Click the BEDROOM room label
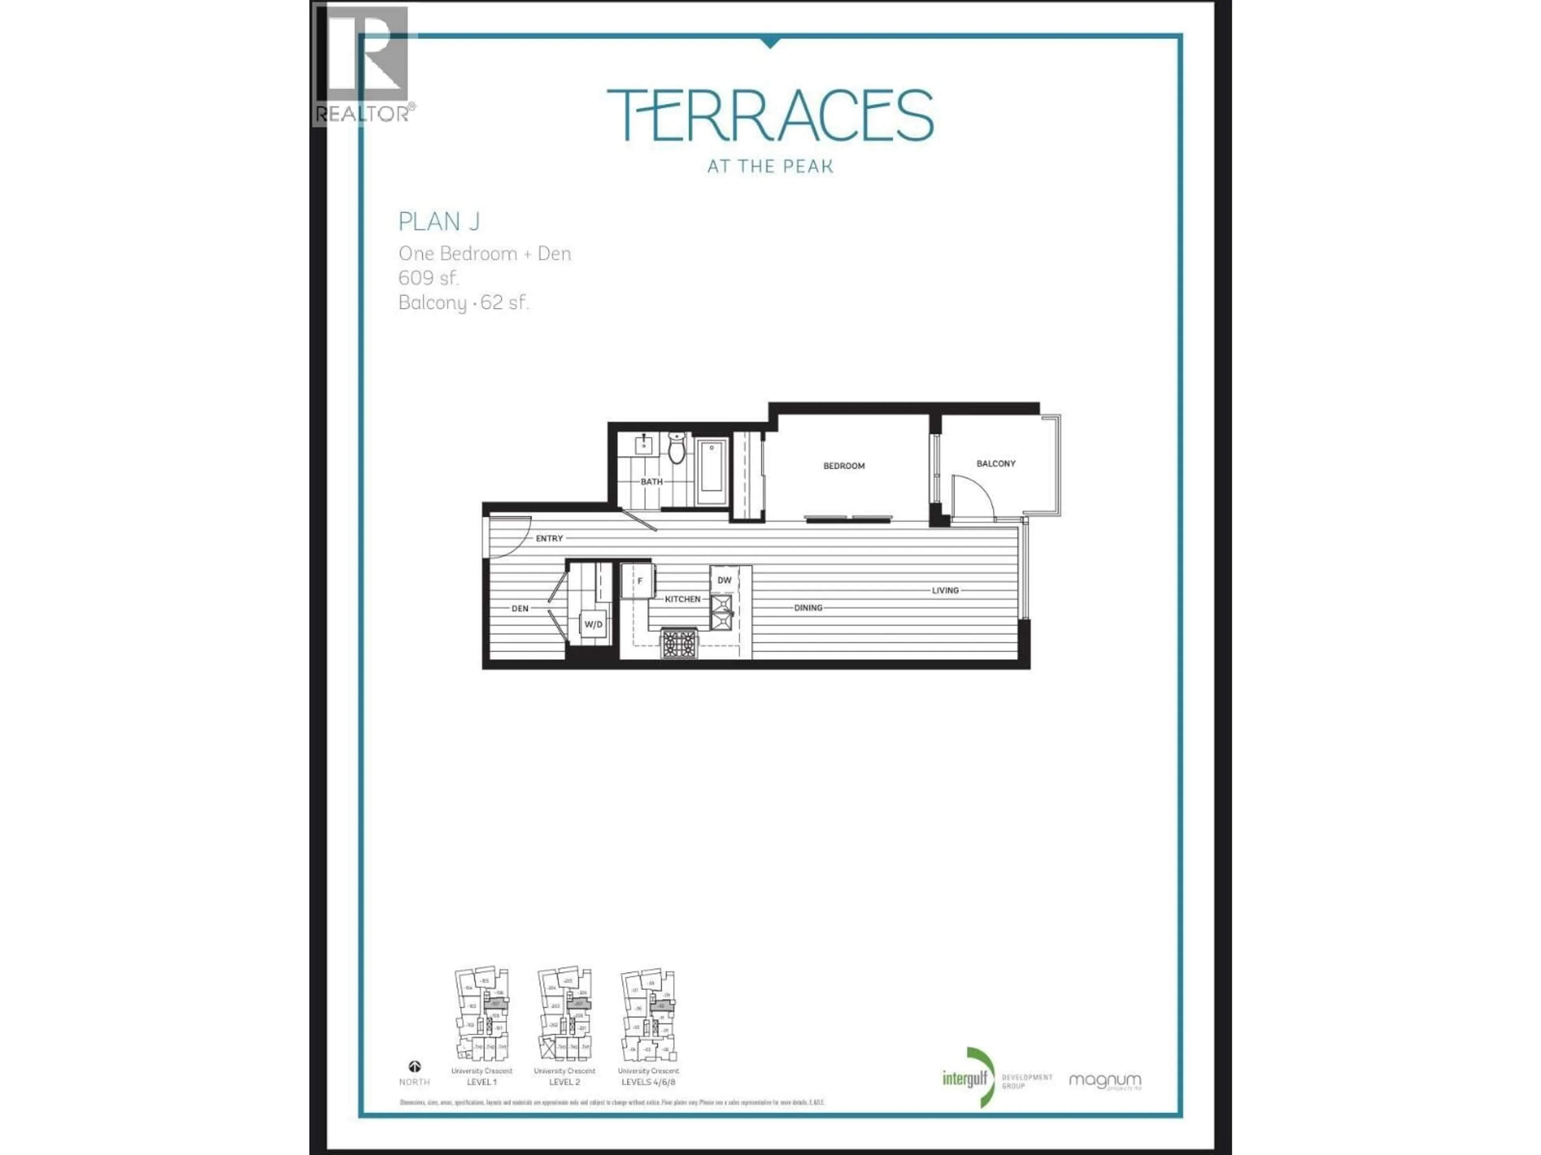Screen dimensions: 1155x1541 coord(844,466)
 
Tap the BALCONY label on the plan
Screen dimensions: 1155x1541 coord(996,464)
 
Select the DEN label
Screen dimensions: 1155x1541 coord(520,608)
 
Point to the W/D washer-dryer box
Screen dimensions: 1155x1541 coord(594,624)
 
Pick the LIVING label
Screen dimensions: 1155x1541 coord(945,590)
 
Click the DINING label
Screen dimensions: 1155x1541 coord(808,608)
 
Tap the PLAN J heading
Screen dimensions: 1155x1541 coord(439,221)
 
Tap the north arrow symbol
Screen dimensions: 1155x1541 coord(415,1067)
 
